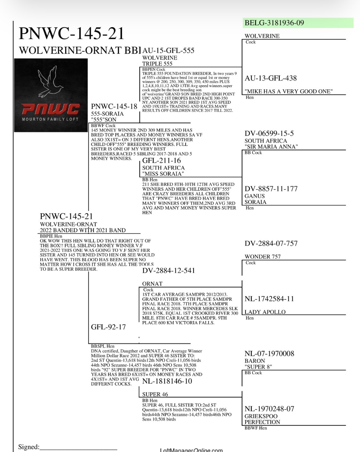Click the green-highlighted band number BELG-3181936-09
[x=274, y=23]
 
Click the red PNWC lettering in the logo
[x=51, y=109]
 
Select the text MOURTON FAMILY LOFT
[x=50, y=119]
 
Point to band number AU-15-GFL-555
[x=168, y=51]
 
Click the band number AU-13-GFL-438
[x=270, y=78]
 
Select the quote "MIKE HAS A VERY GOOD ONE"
[x=289, y=91]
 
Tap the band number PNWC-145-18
[x=114, y=107]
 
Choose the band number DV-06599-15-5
[x=269, y=133]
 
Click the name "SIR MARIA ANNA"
[x=271, y=147]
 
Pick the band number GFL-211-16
[x=162, y=161]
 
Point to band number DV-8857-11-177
[x=271, y=189]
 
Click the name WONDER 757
[x=262, y=257]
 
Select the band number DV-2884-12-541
[x=168, y=270]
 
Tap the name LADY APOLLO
[x=265, y=312]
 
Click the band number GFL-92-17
[x=108, y=327]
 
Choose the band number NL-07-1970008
[x=269, y=354]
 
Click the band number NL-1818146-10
[x=167, y=381]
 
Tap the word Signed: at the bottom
[x=29, y=447]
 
